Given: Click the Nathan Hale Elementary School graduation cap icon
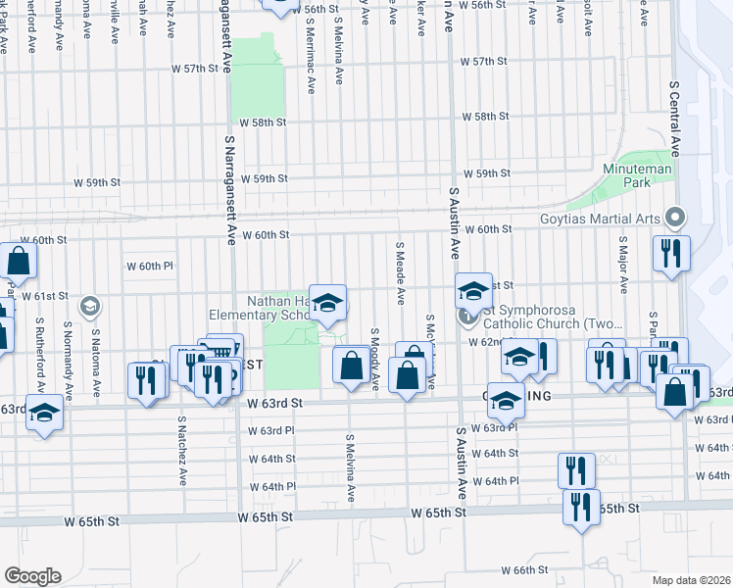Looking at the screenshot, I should pyautogui.click(x=329, y=304).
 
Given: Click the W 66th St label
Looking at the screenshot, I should pyautogui.click(x=523, y=569).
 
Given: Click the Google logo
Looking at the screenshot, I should pyautogui.click(x=32, y=576).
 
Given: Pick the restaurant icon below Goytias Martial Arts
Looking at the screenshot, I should pyautogui.click(x=671, y=253).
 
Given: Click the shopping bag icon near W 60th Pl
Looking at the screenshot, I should pyautogui.click(x=18, y=261).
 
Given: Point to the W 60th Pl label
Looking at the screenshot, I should pyautogui.click(x=149, y=266).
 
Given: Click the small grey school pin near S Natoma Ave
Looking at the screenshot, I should pyautogui.click(x=90, y=306).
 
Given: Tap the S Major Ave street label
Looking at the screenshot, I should pyautogui.click(x=621, y=265).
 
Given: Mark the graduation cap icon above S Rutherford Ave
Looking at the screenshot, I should pyautogui.click(x=44, y=413).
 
